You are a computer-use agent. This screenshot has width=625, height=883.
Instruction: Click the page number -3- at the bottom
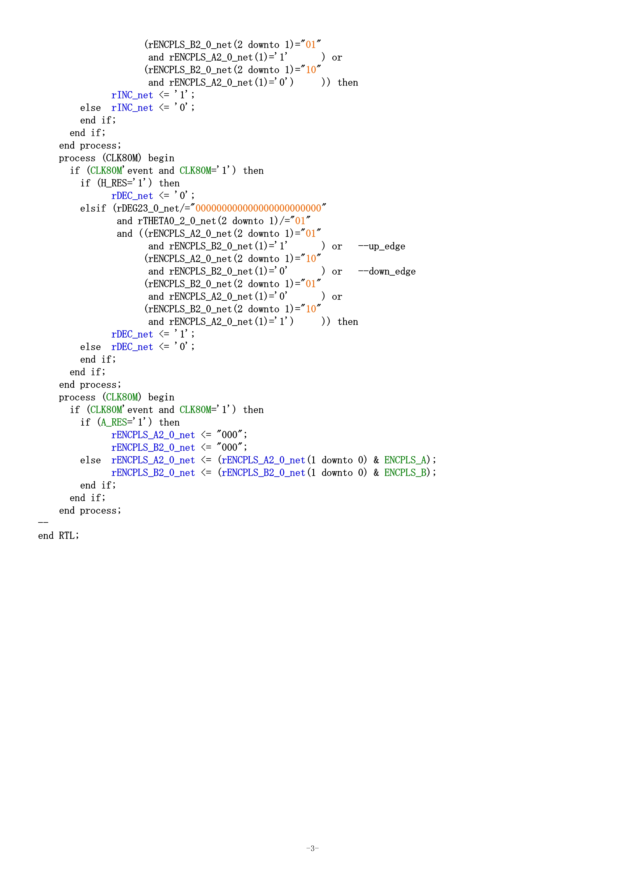pyautogui.click(x=312, y=848)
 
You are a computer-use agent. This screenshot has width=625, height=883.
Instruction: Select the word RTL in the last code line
pyautogui.click(x=69, y=536)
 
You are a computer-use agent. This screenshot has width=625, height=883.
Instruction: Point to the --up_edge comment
pyautogui.click(x=381, y=246)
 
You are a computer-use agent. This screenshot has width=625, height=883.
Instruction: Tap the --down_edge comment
pyautogui.click(x=387, y=272)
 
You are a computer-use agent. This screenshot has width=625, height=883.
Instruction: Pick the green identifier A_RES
pyautogui.click(x=114, y=423)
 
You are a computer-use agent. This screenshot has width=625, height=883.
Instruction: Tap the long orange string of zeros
pyautogui.click(x=258, y=208)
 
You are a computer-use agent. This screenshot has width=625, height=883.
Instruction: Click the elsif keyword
pyautogui.click(x=93, y=208)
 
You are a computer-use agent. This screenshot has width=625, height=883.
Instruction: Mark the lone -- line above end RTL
pyautogui.click(x=43, y=523)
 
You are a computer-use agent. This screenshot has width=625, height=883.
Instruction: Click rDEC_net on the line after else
pyautogui.click(x=132, y=347)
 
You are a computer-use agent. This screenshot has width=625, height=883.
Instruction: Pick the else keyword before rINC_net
pyautogui.click(x=90, y=108)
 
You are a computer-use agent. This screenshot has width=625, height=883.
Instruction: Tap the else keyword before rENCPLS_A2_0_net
pyautogui.click(x=90, y=460)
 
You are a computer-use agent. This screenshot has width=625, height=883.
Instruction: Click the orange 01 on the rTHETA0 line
pyautogui.click(x=300, y=221)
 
